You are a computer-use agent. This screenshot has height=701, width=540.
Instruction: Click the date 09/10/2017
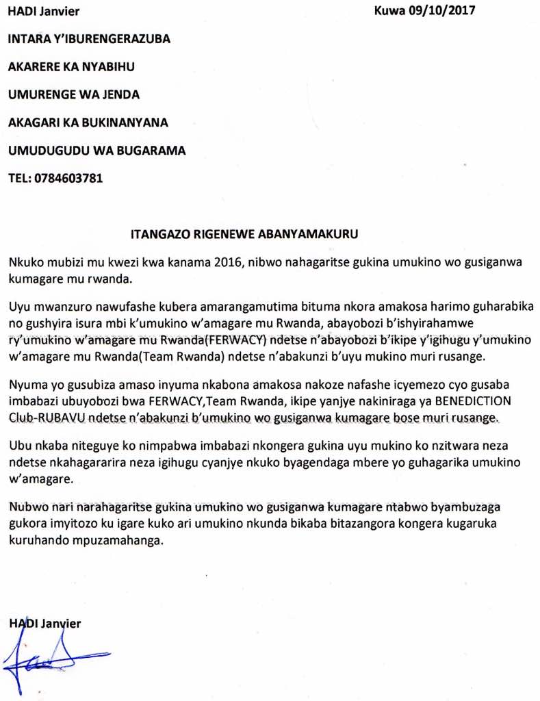click(x=441, y=10)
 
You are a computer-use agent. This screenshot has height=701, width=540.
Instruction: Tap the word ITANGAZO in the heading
click(x=156, y=233)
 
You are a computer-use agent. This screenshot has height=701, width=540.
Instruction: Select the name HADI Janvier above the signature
click(x=44, y=623)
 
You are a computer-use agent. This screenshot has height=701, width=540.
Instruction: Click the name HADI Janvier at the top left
click(x=42, y=10)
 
